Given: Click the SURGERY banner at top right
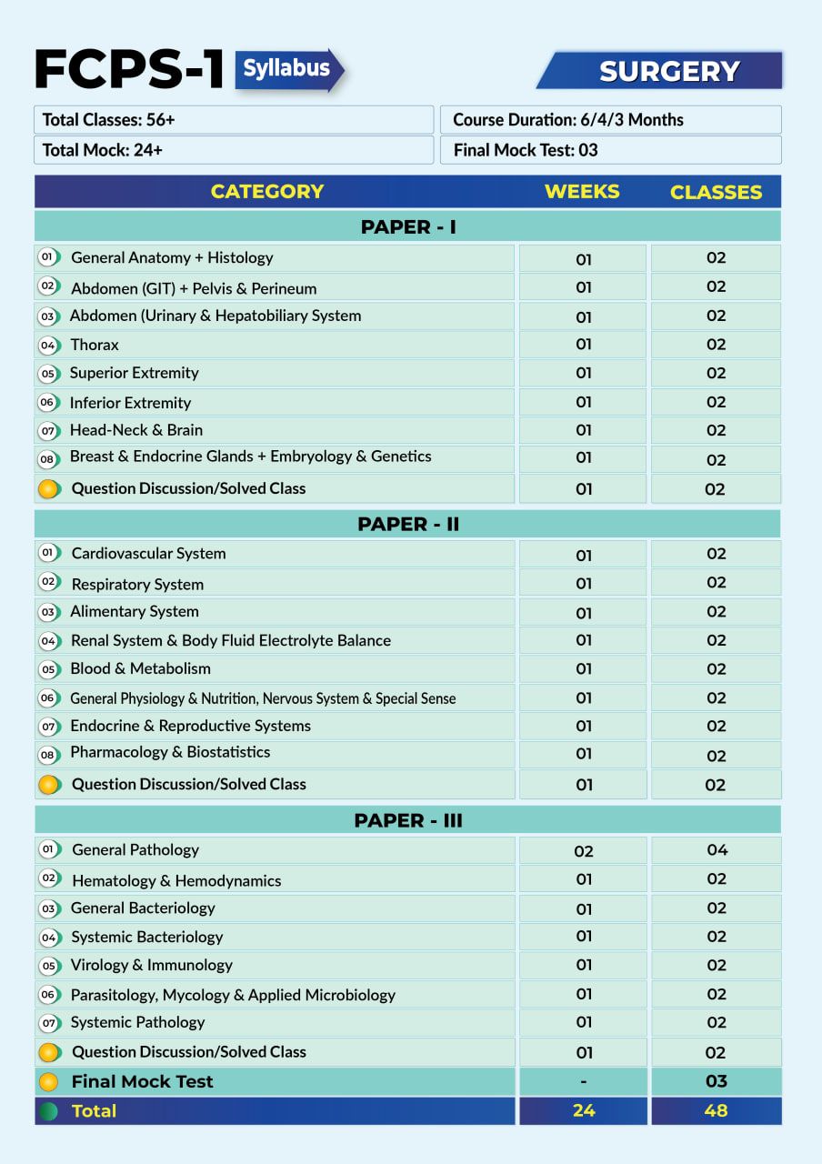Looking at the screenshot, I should click(x=668, y=71).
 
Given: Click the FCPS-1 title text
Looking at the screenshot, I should click(x=129, y=70).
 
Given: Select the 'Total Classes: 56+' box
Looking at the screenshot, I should click(x=234, y=120).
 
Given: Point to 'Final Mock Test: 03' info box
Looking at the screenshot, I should click(x=610, y=150).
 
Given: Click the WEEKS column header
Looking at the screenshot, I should click(x=582, y=192).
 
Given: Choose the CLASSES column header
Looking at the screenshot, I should click(x=716, y=192).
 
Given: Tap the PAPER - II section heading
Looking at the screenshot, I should click(x=407, y=524).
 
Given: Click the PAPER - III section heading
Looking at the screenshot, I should click(x=407, y=820).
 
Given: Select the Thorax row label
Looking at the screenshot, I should click(x=95, y=345).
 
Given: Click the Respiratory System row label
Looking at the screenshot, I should click(x=137, y=584).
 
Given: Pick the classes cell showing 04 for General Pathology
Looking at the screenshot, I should click(x=717, y=850).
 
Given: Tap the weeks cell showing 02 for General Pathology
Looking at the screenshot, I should click(x=583, y=851).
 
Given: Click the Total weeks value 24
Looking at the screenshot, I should click(x=583, y=1110).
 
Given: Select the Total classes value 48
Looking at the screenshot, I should click(x=717, y=1110).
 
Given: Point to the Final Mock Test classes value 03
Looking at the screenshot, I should click(x=717, y=1081).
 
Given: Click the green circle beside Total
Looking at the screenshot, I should click(x=49, y=1111).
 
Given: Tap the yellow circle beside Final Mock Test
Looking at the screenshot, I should click(x=49, y=1082).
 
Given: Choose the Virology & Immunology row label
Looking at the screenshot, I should click(x=151, y=965).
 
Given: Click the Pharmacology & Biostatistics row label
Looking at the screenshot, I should click(x=170, y=752).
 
